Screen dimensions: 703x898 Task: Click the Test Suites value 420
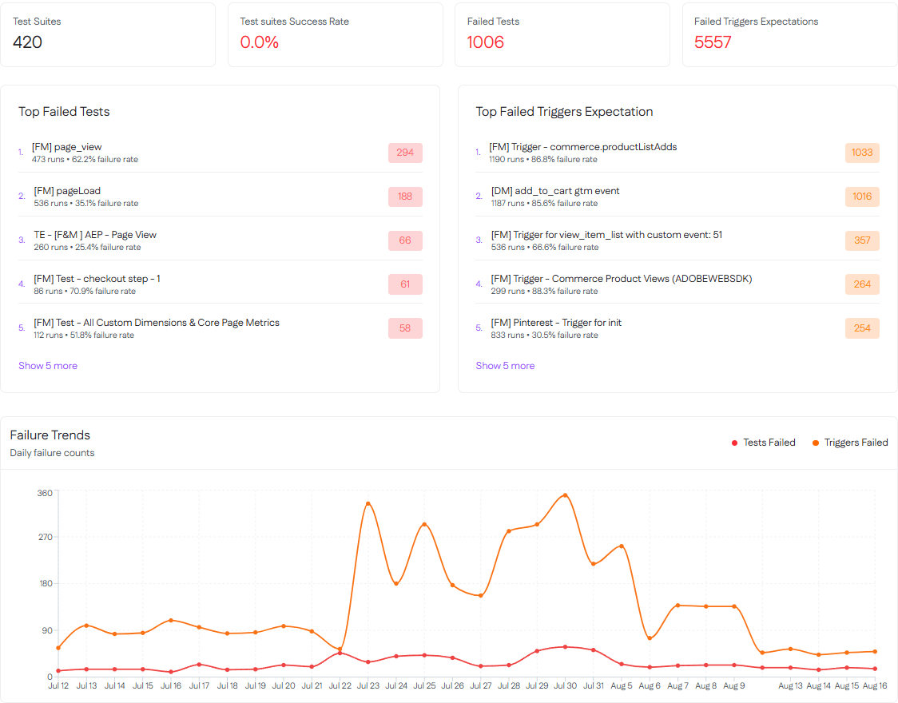pos(28,42)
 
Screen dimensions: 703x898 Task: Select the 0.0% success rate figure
pos(260,42)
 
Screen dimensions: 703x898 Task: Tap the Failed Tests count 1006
pos(486,42)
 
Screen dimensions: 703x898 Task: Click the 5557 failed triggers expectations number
pos(713,42)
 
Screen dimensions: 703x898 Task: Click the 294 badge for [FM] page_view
pos(405,153)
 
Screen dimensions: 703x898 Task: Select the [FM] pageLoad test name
pos(67,191)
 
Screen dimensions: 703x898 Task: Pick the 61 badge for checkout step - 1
pos(405,284)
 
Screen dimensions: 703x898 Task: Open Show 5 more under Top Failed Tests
pos(48,366)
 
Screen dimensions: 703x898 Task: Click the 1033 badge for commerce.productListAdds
pos(862,153)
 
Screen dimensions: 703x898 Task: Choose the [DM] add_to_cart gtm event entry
pos(555,191)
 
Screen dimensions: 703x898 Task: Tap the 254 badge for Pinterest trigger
pos(862,328)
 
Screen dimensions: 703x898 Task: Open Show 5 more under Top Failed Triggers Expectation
pos(505,366)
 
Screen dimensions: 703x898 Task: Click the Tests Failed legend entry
pos(764,443)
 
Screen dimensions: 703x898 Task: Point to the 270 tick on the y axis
pos(45,537)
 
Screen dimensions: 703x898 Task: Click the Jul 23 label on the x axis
pos(368,685)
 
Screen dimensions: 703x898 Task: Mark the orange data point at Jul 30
pos(566,495)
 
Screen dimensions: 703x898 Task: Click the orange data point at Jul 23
pos(368,504)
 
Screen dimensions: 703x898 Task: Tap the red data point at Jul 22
pos(340,653)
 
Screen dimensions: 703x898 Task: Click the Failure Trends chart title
pos(50,435)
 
